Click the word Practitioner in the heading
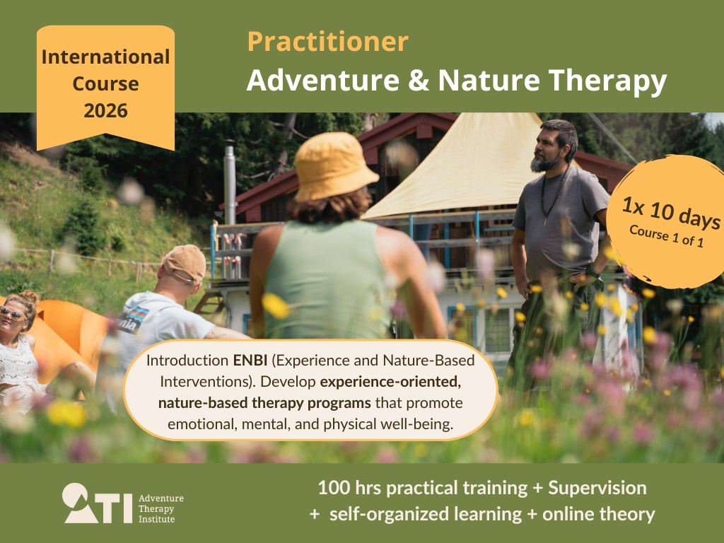[328, 42]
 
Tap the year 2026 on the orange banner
[106, 111]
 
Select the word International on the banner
[106, 57]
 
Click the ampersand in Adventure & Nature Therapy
[419, 81]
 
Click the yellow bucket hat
[334, 166]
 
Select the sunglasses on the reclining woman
[13, 313]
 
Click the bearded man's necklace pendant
[546, 221]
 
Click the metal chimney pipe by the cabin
[230, 184]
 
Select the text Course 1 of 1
[666, 236]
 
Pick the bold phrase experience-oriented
[390, 383]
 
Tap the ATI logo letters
[98, 503]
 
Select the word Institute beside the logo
[156, 520]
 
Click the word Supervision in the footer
[597, 489]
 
